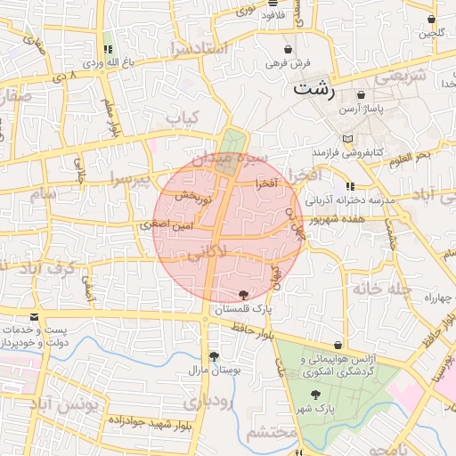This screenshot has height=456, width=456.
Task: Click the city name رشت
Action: (x=315, y=89)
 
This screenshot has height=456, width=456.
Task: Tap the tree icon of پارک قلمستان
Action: (x=244, y=295)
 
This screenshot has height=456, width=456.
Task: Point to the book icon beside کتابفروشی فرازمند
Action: (x=348, y=140)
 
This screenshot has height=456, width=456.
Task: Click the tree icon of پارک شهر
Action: (x=316, y=394)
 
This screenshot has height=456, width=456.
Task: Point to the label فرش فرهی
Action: (x=286, y=64)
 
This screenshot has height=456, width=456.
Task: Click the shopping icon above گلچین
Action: (x=432, y=19)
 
